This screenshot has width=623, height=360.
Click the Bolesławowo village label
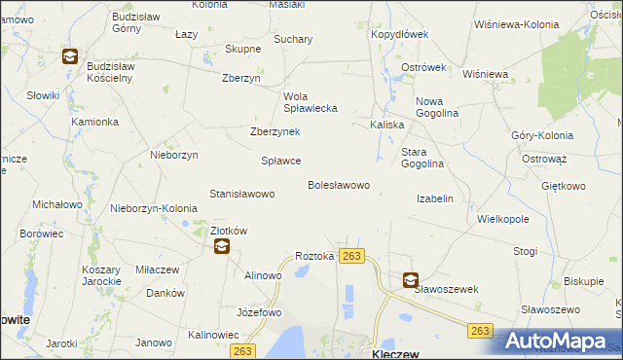pos(338,185)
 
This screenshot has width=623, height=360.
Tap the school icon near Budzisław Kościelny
pos(70,57)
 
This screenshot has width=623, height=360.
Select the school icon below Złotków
pos(222,247)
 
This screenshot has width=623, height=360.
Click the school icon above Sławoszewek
pos(410,280)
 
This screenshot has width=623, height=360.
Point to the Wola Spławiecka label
pos(310,102)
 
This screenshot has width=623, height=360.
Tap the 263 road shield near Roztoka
pos(351,256)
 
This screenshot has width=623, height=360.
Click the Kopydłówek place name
pos(399,34)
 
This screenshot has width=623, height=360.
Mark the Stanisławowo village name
pos(241,194)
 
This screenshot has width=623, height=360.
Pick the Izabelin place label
pos(434,198)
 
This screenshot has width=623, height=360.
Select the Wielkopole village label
pos(502,219)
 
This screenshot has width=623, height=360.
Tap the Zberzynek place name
pos(275,132)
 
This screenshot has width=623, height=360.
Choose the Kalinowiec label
pos(213,335)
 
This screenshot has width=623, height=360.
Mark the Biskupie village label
pos(583,282)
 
